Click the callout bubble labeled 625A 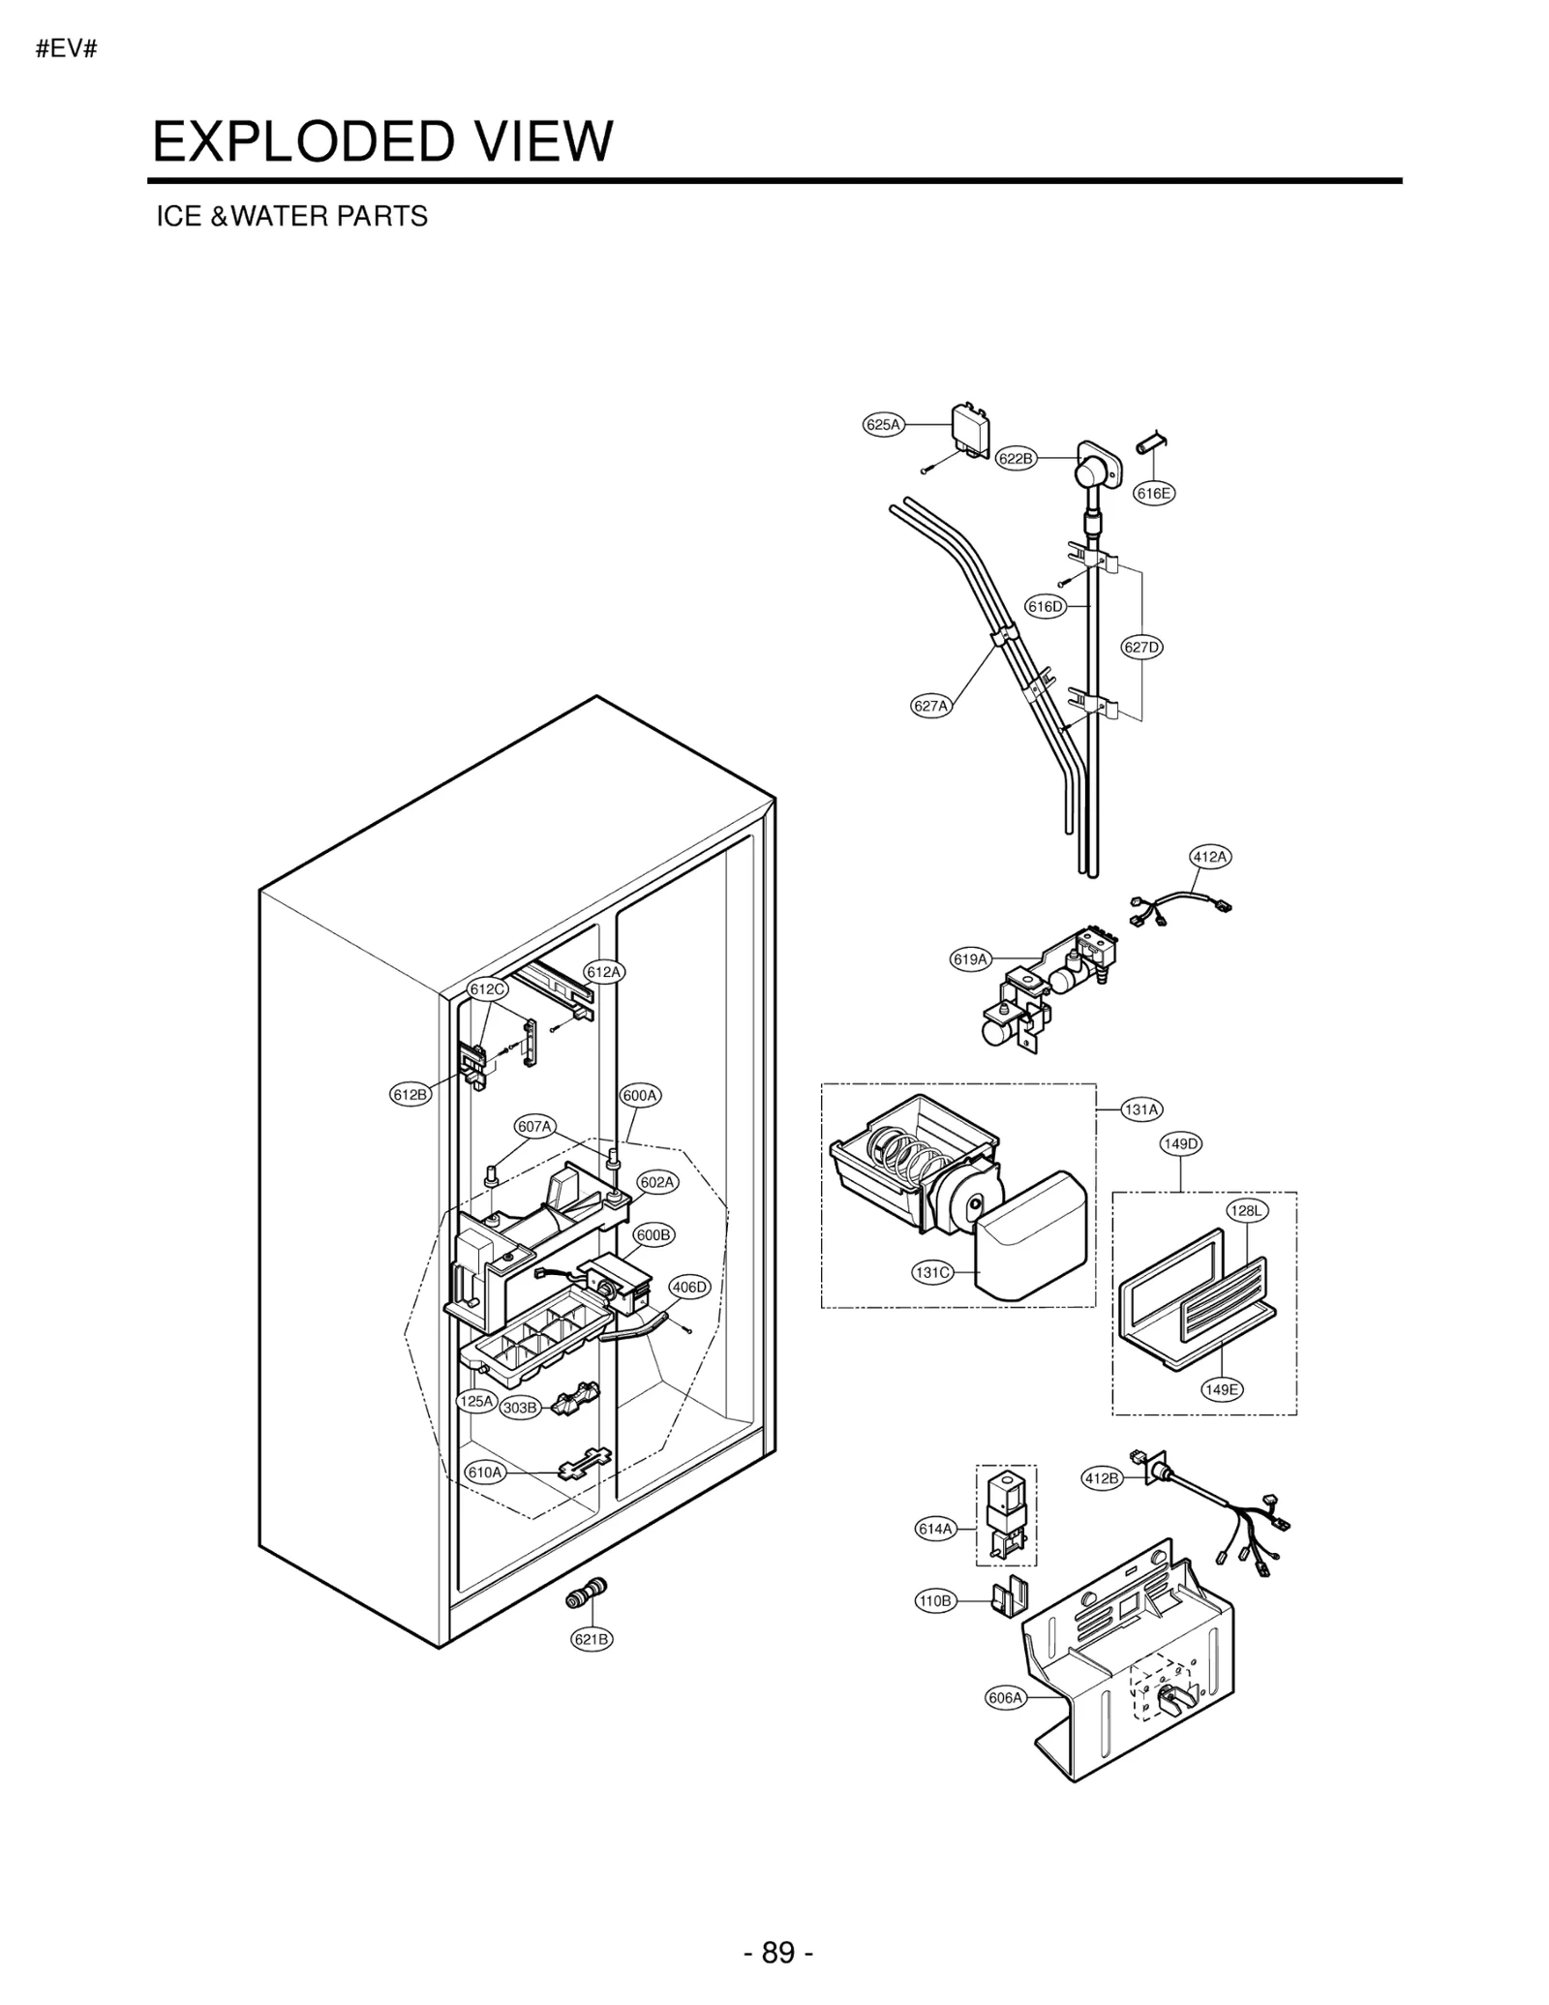tap(882, 424)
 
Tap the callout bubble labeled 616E tap(1154, 493)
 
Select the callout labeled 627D tap(1142, 647)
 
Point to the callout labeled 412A tap(1210, 856)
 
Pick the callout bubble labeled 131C tap(932, 1272)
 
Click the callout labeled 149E tap(1222, 1389)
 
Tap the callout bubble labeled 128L tap(1247, 1210)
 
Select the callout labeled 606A tap(1005, 1697)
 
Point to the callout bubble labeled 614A tap(935, 1529)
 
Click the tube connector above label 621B tap(587, 1593)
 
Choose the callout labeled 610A tap(485, 1473)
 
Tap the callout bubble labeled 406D tap(690, 1287)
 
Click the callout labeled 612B tap(410, 1095)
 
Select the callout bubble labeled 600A tap(640, 1096)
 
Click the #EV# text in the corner tap(66, 49)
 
